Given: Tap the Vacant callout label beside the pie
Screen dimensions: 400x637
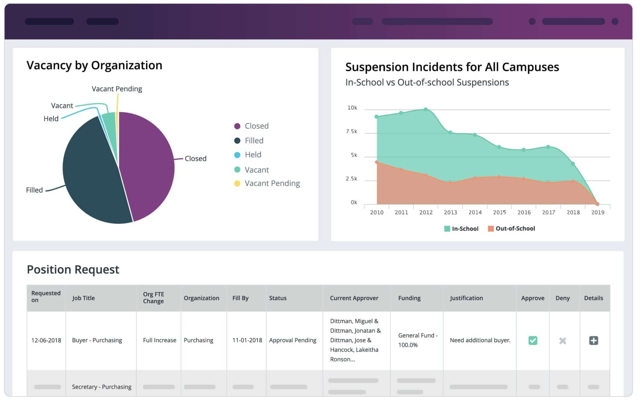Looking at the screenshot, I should (62, 106).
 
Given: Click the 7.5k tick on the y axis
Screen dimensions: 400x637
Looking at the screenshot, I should (352, 132).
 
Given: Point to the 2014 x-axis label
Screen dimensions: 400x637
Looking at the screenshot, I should (475, 213).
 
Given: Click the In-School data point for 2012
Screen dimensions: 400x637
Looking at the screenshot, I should (426, 110).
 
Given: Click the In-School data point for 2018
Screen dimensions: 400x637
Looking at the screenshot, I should (573, 164).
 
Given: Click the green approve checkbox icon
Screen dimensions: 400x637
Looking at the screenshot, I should (533, 340).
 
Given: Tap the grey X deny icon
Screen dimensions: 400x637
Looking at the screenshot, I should (562, 341).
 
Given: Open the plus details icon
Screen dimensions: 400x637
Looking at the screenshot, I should (593, 340).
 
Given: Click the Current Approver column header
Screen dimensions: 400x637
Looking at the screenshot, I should (354, 298).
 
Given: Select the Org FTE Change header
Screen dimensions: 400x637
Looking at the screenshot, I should (154, 298).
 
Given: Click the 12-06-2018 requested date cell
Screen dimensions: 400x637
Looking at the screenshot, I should (46, 340).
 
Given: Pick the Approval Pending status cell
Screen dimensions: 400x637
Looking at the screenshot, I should (292, 340).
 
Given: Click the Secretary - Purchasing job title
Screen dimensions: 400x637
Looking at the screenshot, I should (102, 387).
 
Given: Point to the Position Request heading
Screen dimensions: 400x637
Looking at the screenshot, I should (73, 270).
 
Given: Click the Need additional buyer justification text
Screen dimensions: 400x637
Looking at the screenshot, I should (480, 340).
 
